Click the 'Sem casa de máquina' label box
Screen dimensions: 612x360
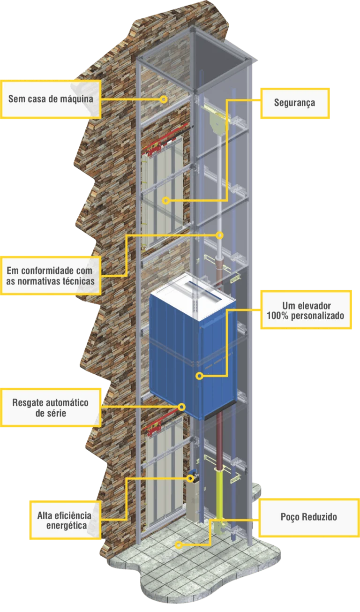51,99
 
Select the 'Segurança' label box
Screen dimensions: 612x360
294,103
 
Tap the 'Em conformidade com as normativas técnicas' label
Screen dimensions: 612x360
51,276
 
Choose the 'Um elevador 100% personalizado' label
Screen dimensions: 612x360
305,310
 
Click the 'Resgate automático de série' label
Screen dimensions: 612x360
51,408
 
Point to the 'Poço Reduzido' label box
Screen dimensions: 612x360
308,517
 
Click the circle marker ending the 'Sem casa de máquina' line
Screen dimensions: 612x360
164,99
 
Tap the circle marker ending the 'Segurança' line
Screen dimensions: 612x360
165,200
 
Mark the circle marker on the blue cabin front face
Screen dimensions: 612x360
199,376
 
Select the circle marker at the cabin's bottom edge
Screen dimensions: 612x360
182,407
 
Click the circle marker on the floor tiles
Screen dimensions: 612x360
178,544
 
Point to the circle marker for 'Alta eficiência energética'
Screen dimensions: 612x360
190,478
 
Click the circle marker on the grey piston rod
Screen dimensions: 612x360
219,235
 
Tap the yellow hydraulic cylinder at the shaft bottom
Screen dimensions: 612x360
219,497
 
